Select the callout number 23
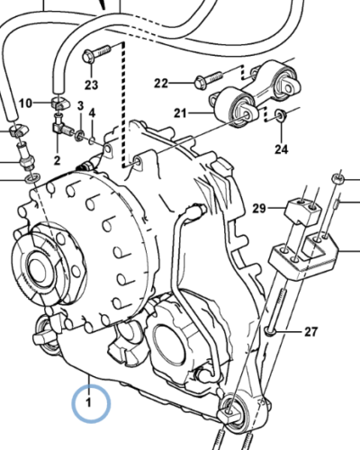91,85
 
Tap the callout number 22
161,84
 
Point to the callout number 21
180,113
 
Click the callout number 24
281,148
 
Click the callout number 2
56,160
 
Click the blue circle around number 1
89,404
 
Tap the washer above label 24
281,115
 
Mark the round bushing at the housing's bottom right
235,413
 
